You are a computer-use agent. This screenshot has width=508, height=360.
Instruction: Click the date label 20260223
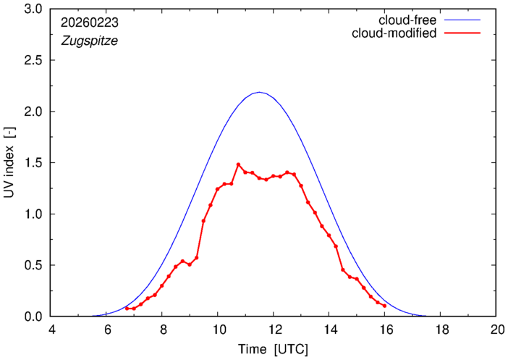click(90, 23)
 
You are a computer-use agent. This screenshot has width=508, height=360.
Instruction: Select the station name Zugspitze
click(88, 41)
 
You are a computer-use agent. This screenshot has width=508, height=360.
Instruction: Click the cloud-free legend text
click(406, 20)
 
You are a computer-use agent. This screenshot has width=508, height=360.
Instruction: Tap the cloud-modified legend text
click(394, 33)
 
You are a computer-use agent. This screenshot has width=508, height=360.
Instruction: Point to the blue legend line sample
click(463, 20)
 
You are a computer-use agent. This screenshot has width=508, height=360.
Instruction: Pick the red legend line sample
click(463, 33)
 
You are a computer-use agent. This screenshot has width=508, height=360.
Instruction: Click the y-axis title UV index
click(12, 163)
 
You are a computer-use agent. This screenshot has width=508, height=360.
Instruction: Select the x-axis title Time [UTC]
click(274, 349)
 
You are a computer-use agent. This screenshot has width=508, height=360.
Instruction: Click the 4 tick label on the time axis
click(51, 330)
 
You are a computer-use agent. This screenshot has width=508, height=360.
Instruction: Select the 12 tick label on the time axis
click(273, 330)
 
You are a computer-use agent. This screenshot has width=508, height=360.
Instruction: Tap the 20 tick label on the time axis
click(496, 330)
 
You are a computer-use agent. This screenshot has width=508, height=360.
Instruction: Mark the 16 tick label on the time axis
click(384, 330)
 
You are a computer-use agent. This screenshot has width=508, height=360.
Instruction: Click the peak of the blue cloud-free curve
click(259, 92)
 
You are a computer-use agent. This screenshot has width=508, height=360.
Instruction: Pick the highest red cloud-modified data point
click(238, 164)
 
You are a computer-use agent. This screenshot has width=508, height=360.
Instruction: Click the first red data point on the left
click(127, 309)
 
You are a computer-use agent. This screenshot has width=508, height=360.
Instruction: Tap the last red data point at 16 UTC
click(384, 306)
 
